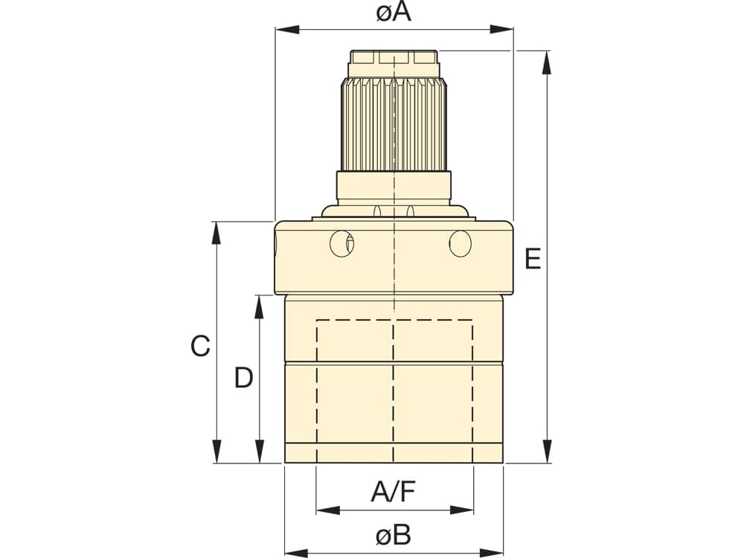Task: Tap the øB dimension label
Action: (394, 535)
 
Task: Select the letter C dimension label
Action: (200, 346)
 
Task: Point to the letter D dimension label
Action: (244, 378)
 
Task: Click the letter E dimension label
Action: (533, 259)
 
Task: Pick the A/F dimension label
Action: (394, 492)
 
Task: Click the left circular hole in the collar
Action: (341, 244)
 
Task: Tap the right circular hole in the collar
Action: (461, 244)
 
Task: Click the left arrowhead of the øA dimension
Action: (287, 30)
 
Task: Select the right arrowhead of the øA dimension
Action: (501, 30)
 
